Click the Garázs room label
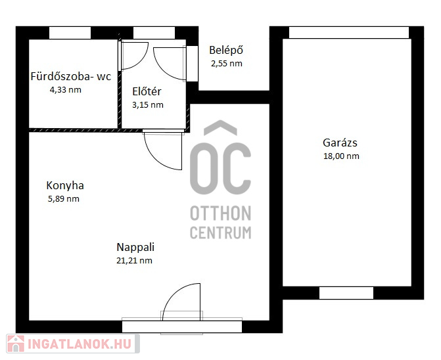tap(340, 143)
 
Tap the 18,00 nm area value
tap(341, 156)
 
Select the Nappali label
tap(135, 247)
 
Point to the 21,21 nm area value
tap(134, 261)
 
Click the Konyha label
tap(65, 186)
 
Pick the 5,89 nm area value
tap(64, 199)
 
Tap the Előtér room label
tap(147, 91)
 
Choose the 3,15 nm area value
tap(148, 105)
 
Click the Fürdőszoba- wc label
tap(71, 76)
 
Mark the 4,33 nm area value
tap(66, 90)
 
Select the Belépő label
tap(226, 51)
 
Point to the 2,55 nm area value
tap(227, 64)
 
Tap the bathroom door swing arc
tap(142, 62)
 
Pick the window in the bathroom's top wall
tap(70, 33)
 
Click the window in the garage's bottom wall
tap(346, 293)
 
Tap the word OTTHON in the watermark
tap(221, 214)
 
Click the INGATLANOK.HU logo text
tap(80, 344)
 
